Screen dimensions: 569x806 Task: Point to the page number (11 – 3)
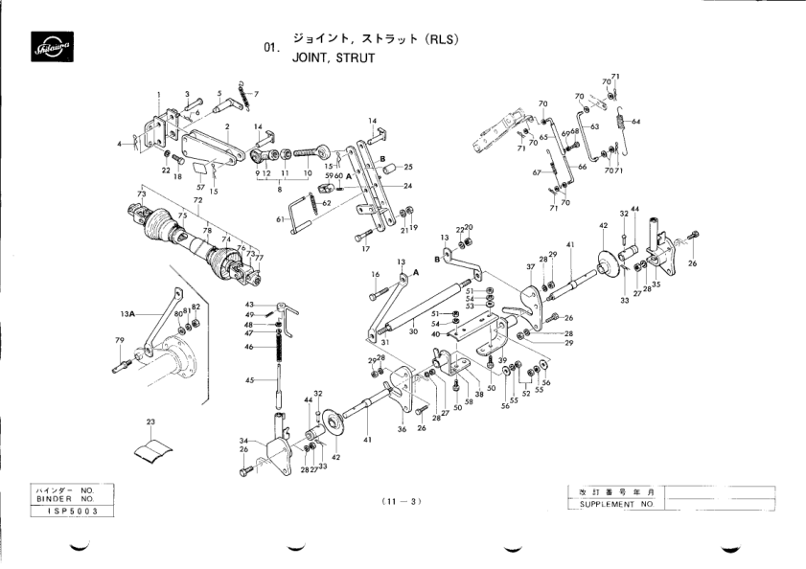pyautogui.click(x=401, y=501)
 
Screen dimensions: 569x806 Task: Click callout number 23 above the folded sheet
pyautogui.click(x=150, y=421)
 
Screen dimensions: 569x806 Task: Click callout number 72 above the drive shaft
pyautogui.click(x=198, y=201)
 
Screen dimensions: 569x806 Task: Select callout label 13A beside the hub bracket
pyautogui.click(x=127, y=313)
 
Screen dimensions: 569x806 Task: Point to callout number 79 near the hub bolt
pyautogui.click(x=120, y=340)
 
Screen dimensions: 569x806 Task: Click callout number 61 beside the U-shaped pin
pyautogui.click(x=281, y=219)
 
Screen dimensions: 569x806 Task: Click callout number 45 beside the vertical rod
pyautogui.click(x=248, y=380)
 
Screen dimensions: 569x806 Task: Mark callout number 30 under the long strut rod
pyautogui.click(x=412, y=331)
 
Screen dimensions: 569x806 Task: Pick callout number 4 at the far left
pyautogui.click(x=121, y=143)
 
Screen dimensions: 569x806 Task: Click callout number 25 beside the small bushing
pyautogui.click(x=407, y=167)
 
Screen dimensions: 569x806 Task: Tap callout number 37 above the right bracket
pyautogui.click(x=529, y=265)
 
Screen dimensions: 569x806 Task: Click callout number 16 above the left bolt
pyautogui.click(x=374, y=274)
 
